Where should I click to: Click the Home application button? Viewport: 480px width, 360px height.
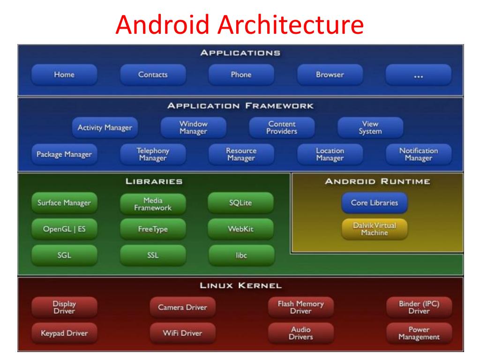point(64,75)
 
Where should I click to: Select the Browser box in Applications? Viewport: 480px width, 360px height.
point(330,75)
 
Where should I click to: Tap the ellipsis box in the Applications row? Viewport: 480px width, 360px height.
point(419,75)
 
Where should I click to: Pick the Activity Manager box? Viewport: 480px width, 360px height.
point(105,127)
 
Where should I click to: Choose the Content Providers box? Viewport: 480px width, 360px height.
point(282,127)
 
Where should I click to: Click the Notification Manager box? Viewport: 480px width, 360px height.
point(419,154)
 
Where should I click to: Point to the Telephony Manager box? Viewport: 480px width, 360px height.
point(153,154)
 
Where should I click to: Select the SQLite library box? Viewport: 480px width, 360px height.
point(241,203)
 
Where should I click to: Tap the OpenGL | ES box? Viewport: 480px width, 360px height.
point(64,229)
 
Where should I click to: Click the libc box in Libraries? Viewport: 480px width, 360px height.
point(241,255)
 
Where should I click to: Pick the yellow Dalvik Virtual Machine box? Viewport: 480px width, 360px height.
point(375,229)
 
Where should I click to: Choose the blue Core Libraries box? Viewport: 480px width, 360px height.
point(375,203)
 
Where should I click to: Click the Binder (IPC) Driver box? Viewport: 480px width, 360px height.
point(419,307)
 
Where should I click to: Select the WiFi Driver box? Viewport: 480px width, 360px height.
point(182,333)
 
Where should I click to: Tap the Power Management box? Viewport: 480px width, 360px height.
point(419,333)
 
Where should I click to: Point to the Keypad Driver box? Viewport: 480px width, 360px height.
point(64,333)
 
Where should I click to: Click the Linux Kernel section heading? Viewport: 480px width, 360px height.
point(240,285)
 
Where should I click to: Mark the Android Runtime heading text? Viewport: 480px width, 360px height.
point(377,181)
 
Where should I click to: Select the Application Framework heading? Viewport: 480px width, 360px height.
point(240,106)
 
